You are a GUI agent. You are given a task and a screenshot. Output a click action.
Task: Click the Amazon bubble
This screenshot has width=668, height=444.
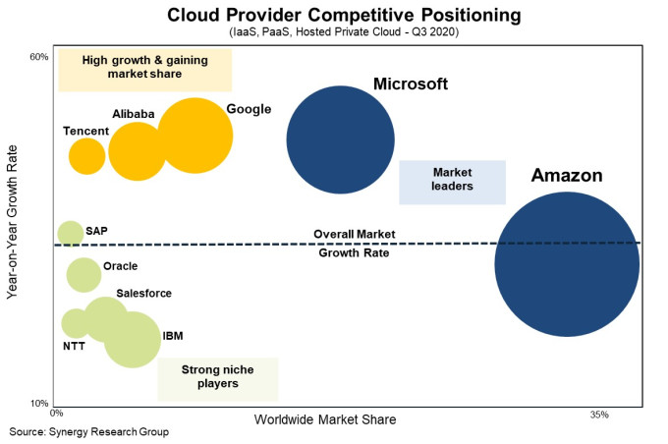pyautogui.click(x=567, y=264)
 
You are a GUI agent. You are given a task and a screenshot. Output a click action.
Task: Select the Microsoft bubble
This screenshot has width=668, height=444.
pyautogui.click(x=340, y=139)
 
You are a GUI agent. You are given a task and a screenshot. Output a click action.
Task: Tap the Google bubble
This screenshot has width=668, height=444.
pyautogui.click(x=195, y=136)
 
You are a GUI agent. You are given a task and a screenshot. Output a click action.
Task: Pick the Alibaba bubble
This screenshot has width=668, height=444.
pyautogui.click(x=138, y=151)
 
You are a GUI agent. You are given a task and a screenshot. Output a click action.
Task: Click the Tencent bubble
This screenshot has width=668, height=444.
pyautogui.click(x=86, y=155)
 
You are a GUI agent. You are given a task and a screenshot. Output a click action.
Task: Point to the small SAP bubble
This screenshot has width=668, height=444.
pyautogui.click(x=70, y=233)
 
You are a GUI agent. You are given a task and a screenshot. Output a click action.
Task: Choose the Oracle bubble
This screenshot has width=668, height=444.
pyautogui.click(x=84, y=274)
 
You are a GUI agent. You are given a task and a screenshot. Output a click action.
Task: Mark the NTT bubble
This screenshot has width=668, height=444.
pyautogui.click(x=76, y=322)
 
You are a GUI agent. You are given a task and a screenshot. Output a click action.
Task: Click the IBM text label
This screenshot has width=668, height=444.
pyautogui.click(x=173, y=336)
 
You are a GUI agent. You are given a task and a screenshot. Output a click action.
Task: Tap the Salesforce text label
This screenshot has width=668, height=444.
pyautogui.click(x=143, y=293)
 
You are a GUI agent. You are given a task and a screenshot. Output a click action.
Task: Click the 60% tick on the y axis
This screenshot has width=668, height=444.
pyautogui.click(x=39, y=56)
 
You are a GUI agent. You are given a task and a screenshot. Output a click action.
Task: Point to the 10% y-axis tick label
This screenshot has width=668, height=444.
pyautogui.click(x=39, y=404)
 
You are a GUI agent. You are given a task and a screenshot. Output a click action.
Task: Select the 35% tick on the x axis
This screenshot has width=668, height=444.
pyautogui.click(x=599, y=415)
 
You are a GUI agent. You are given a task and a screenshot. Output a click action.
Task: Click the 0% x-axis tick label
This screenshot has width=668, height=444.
pyautogui.click(x=56, y=415)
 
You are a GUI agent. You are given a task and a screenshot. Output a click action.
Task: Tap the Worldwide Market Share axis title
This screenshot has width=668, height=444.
pyautogui.click(x=325, y=419)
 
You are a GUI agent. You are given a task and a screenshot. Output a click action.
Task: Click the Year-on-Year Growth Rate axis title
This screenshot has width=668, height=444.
pyautogui.click(x=14, y=232)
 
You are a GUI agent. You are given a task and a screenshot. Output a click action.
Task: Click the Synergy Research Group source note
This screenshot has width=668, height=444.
pyautogui.click(x=89, y=432)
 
